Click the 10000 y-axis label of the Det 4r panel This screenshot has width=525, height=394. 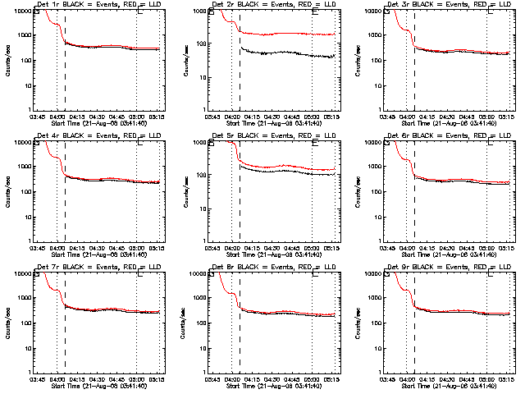click(23, 142)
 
